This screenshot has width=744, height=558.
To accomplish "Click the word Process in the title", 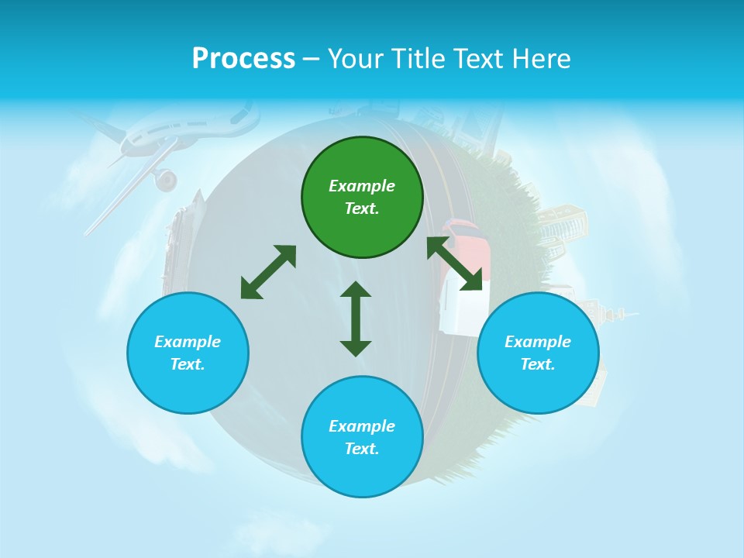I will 243,59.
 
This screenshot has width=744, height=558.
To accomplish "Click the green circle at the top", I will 362,197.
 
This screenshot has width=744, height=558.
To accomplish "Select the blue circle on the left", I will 188,353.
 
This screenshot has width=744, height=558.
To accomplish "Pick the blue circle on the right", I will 538,353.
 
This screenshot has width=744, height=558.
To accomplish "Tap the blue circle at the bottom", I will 362,436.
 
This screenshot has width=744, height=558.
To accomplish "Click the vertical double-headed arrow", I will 356,319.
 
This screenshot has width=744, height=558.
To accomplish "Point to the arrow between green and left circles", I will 268,272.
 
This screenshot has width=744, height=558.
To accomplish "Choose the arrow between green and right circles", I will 454,264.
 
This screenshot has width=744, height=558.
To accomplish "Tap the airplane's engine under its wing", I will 165,181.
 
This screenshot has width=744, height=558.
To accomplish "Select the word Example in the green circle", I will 362,186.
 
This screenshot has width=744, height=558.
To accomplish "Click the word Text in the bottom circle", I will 362,449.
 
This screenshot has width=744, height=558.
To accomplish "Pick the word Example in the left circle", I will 188,342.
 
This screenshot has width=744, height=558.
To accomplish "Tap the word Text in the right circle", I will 538,364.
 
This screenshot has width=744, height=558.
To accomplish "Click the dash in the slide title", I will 312,60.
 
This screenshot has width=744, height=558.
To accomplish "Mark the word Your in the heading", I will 356,59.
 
